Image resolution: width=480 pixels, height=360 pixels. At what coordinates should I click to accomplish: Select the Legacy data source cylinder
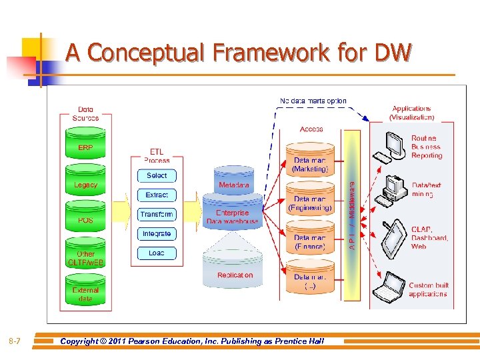85,185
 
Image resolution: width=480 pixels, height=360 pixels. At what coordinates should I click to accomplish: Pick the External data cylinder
85,294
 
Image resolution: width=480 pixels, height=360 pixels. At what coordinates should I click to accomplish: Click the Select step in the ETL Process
157,175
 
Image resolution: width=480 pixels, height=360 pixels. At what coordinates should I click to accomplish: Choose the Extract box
157,195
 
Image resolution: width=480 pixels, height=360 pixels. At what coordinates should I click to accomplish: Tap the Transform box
157,214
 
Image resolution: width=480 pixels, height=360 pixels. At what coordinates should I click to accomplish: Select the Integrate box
157,233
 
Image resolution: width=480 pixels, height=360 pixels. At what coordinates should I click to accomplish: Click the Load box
157,253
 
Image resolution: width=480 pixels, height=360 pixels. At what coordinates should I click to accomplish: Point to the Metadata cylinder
234,185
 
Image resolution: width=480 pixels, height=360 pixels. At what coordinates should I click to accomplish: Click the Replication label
235,275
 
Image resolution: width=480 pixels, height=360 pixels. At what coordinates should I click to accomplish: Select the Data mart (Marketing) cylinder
310,164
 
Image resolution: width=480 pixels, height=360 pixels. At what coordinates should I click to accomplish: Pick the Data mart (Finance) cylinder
310,241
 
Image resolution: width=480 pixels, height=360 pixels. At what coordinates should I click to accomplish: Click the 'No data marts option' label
313,101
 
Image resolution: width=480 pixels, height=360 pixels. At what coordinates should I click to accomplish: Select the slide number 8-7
15,341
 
